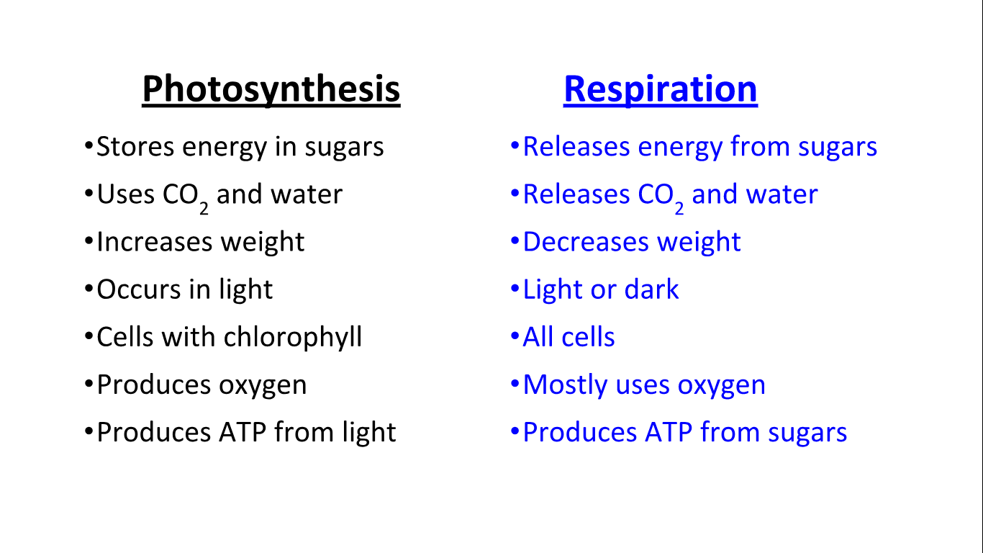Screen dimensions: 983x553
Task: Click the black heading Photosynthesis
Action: pos(271,89)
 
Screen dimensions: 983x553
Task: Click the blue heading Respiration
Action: pos(661,89)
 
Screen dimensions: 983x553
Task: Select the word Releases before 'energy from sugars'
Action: pos(576,146)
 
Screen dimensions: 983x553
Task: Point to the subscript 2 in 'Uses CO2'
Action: pos(204,208)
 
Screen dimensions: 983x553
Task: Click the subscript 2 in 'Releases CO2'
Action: pos(679,208)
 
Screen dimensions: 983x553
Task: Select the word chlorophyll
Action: pos(293,337)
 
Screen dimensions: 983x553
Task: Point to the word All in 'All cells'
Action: pos(538,337)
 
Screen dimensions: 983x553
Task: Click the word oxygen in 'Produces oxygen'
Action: pos(263,386)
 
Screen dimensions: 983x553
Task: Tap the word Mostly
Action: pos(565,385)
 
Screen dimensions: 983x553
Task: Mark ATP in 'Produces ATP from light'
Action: pos(243,432)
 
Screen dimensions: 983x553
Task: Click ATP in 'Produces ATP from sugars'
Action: pos(669,432)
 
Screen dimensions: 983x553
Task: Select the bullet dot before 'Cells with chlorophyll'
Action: pos(89,336)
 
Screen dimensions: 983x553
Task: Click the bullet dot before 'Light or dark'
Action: pos(515,289)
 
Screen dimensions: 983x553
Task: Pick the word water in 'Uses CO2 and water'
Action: pos(307,194)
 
